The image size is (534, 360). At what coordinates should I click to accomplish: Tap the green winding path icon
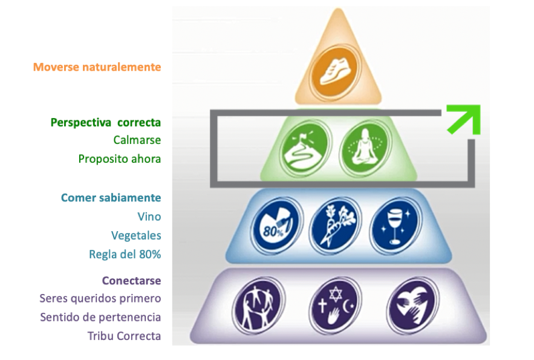click(x=304, y=148)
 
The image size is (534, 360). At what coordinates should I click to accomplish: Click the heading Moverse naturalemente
click(x=97, y=67)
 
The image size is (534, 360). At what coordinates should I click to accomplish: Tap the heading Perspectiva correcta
click(x=105, y=122)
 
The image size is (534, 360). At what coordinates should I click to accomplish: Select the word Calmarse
click(x=137, y=140)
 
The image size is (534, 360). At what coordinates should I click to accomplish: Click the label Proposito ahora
click(x=119, y=159)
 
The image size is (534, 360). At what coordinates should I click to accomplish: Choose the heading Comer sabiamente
click(x=111, y=198)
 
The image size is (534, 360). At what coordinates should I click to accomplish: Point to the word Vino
click(x=149, y=217)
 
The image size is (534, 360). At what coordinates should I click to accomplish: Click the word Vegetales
click(x=136, y=235)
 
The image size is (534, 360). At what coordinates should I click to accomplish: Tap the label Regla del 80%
click(x=125, y=254)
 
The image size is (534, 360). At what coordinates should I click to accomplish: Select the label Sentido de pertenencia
click(x=100, y=317)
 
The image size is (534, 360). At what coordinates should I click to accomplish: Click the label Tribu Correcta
click(x=124, y=336)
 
